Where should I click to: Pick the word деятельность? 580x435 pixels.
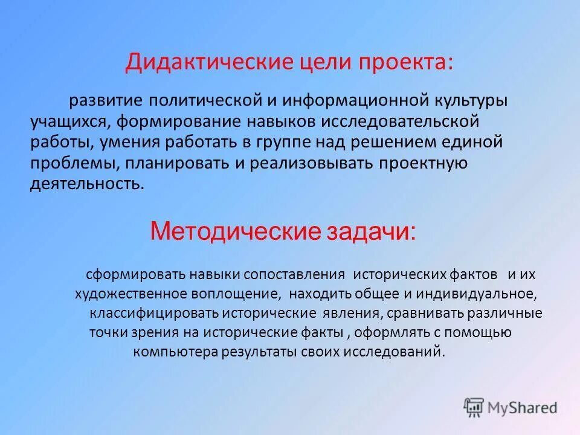[86, 184]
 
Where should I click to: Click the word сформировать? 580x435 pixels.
[137, 274]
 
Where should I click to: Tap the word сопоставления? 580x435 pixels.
[294, 274]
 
